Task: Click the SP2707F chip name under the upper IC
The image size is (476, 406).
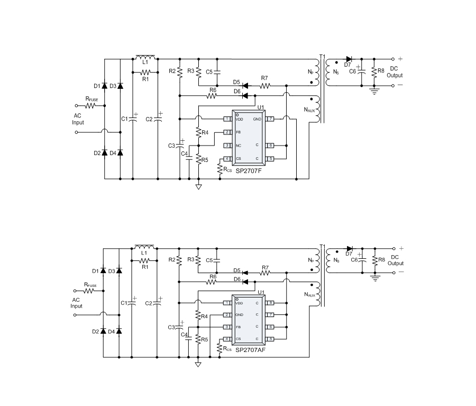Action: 250,171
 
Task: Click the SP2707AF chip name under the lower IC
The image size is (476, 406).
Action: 251,350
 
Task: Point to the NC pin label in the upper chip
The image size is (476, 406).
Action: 239,146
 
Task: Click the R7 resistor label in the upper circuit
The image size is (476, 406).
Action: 264,78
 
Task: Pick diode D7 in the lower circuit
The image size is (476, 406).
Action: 349,249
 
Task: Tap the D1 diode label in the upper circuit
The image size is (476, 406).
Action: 96,86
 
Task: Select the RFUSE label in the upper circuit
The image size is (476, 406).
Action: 91,98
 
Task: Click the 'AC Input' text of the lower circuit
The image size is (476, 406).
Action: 77,303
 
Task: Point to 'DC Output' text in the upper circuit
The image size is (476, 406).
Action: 395,72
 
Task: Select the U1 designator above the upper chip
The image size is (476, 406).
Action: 260,107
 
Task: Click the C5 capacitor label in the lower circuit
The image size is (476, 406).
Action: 209,260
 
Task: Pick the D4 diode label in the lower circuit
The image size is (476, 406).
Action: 111,331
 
